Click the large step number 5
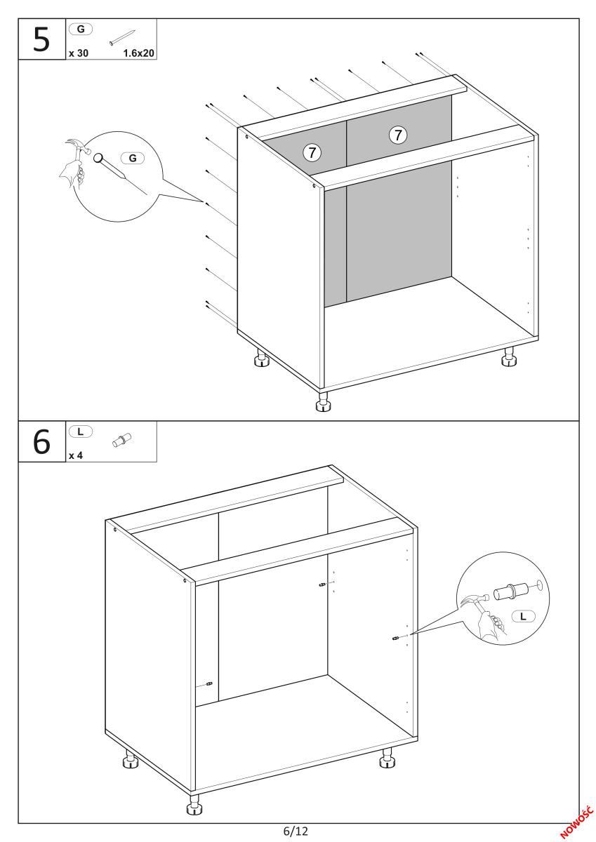coord(41,39)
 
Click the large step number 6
coord(41,441)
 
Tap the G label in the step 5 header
coord(81,29)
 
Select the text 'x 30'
coord(79,53)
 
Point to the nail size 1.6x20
coord(138,53)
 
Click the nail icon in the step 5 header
coord(122,38)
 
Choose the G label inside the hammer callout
coord(133,158)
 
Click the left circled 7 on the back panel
coord(312,152)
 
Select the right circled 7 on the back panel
coord(398,135)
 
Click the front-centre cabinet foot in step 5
coord(323,402)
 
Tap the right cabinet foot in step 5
coord(509,356)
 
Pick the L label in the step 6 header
coord(81,432)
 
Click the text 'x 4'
coord(76,455)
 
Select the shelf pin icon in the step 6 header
coord(121,440)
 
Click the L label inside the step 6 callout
coord(523,616)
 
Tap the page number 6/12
coord(296,830)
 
